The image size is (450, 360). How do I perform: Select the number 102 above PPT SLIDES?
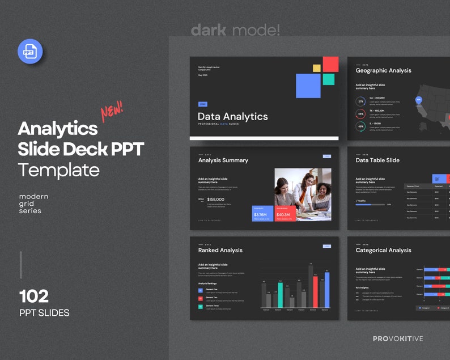point(34,296)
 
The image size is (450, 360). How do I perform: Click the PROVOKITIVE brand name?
point(398,339)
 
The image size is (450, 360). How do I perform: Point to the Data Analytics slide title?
point(232,116)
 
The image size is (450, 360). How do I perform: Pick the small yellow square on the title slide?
point(317,68)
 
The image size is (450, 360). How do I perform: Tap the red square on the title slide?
point(330,64)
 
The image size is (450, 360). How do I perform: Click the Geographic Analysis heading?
point(383,70)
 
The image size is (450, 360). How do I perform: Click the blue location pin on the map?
point(419,100)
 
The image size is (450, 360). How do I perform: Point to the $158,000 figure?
point(216,200)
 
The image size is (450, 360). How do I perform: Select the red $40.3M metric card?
point(286,213)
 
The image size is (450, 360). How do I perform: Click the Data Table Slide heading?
point(377,160)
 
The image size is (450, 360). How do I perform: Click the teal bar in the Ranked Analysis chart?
point(279,293)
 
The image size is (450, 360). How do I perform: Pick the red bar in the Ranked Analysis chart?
point(315,291)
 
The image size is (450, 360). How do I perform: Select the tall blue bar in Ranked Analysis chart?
point(327,290)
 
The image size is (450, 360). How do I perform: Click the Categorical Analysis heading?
point(383,250)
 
